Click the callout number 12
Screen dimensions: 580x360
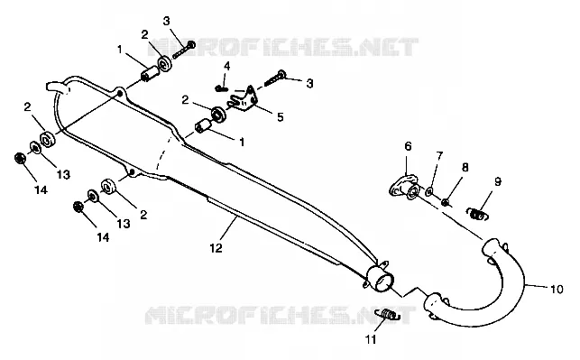[x=216, y=248]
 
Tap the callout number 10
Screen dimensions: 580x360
[x=557, y=289]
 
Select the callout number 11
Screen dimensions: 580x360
[x=371, y=339]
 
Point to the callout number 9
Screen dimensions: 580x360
[x=498, y=181]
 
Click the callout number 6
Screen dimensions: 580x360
[x=408, y=146]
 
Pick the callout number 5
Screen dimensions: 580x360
[x=280, y=117]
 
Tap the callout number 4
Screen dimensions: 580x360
[x=226, y=66]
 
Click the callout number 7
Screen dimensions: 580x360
[x=439, y=156]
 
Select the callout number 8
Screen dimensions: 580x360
[x=465, y=167]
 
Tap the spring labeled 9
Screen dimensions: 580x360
[x=477, y=214]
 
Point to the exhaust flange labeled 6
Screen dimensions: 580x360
[x=404, y=187]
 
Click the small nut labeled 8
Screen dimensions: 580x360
[x=446, y=202]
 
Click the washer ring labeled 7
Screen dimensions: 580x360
[x=430, y=191]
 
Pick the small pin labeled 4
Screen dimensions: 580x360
[x=221, y=88]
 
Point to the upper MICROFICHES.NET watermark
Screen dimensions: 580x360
[x=283, y=47]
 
